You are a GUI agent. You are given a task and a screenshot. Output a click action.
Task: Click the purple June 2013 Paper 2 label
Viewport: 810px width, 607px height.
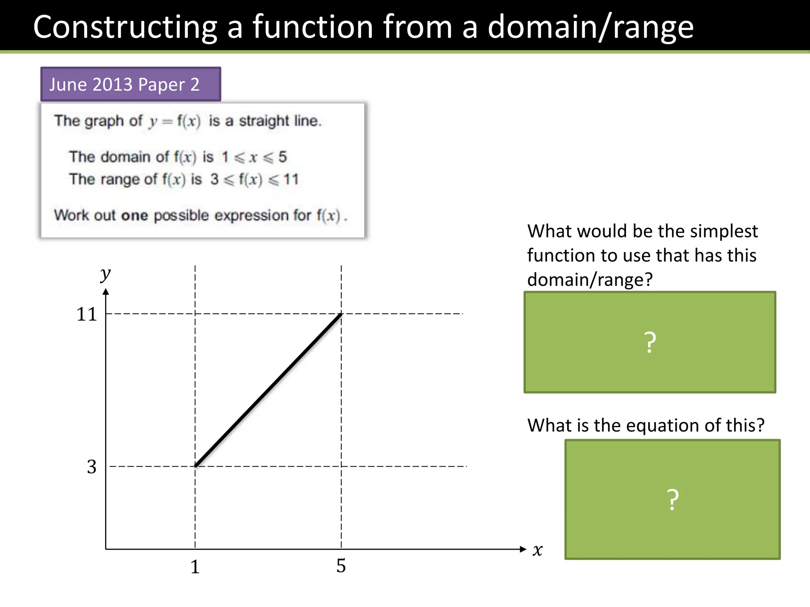[x=131, y=84]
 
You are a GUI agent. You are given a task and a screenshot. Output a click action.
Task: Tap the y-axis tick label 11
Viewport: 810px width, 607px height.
[x=87, y=315]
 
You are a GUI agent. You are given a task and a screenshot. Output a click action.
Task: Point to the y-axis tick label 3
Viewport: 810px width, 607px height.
[x=92, y=467]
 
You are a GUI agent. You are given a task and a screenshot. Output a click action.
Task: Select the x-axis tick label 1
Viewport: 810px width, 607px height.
[x=195, y=567]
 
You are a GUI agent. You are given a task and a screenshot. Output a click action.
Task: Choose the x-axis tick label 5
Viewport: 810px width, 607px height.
[x=341, y=566]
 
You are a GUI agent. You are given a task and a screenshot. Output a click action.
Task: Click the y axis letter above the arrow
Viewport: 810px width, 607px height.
[x=105, y=273]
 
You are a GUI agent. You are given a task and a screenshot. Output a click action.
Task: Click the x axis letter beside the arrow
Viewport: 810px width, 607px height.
[x=537, y=550]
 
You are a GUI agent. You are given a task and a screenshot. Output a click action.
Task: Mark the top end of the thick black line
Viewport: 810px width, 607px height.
[x=341, y=315]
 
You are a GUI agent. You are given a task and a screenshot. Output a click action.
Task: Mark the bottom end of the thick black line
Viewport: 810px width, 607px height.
[x=196, y=466]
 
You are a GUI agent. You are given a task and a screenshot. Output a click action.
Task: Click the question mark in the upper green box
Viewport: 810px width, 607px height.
[x=650, y=342]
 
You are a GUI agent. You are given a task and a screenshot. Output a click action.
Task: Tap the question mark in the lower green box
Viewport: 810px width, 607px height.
[x=672, y=500]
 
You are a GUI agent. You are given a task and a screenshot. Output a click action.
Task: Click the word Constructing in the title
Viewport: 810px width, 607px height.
[x=125, y=27]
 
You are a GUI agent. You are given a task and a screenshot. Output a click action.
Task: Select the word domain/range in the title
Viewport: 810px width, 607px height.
[x=590, y=27]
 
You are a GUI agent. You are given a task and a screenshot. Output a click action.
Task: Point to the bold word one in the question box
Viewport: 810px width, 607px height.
[x=134, y=216]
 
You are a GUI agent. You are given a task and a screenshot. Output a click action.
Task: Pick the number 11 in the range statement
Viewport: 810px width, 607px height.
[x=291, y=179]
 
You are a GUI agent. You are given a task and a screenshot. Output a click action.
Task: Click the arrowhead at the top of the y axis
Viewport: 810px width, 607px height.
[x=106, y=292]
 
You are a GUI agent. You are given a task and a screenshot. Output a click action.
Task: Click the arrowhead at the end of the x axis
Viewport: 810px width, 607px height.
[x=523, y=549]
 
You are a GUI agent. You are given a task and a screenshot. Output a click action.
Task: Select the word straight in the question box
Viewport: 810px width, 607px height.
[x=264, y=121]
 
